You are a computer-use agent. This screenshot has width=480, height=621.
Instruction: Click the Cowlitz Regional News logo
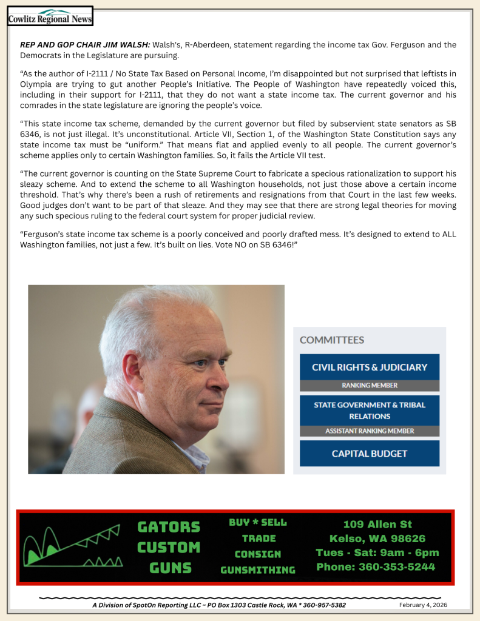click(50, 16)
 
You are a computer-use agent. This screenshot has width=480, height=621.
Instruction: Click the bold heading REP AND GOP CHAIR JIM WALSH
click(84, 45)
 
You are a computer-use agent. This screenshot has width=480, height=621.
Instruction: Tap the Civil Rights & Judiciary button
click(369, 367)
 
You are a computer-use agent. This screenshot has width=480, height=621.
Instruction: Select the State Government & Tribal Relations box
click(369, 410)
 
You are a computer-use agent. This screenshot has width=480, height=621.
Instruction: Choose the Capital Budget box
click(369, 453)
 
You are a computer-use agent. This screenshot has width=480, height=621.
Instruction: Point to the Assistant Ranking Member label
click(369, 431)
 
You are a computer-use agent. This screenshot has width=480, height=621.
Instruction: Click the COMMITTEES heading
click(332, 340)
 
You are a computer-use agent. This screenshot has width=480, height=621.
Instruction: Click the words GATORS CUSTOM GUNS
click(168, 547)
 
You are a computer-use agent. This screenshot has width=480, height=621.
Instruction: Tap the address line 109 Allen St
click(377, 525)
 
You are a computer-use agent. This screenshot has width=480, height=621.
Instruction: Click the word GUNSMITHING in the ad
click(257, 570)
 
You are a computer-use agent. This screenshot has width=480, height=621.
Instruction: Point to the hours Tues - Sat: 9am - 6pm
click(377, 552)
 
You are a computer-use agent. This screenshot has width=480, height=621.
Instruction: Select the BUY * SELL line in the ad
click(257, 523)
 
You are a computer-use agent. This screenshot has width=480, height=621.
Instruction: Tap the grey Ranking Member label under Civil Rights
click(369, 386)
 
